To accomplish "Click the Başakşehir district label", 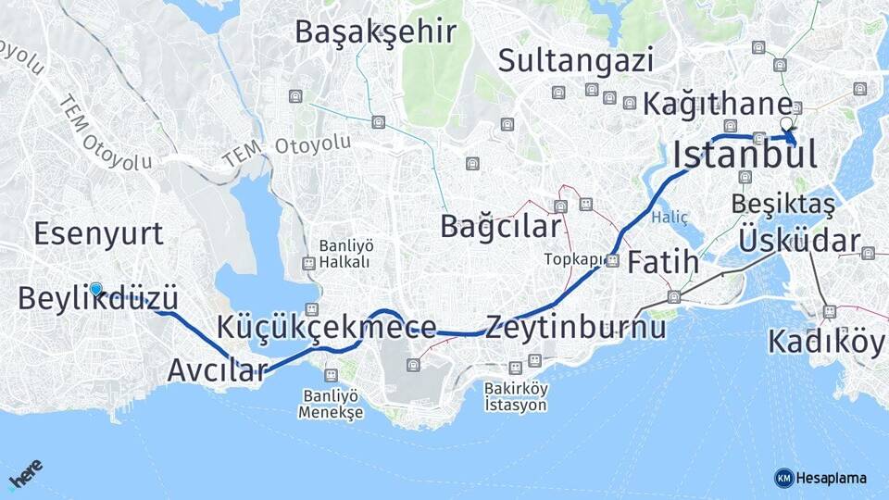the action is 375,31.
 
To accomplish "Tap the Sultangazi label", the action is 576,60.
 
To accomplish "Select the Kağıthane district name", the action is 718,104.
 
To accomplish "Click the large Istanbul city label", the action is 745,154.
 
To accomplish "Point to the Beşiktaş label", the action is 783,202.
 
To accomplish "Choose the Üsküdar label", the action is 799,241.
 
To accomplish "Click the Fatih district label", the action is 663,262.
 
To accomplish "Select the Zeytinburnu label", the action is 575,327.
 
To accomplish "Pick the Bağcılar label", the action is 500,225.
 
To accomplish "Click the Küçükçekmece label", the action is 326,327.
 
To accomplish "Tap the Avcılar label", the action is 217,369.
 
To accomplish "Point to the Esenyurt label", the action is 98,233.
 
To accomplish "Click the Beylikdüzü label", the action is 97,299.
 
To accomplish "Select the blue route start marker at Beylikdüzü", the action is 95,289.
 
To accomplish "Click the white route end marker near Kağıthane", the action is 786,123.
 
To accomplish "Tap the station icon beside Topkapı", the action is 612,260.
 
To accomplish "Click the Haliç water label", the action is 670,218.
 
